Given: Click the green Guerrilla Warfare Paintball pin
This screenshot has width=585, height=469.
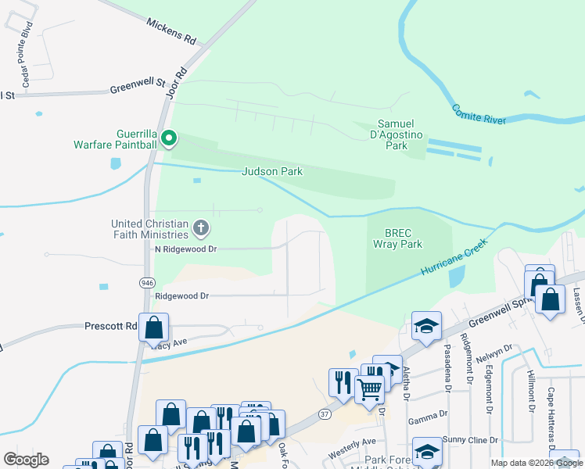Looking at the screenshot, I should click(x=168, y=140).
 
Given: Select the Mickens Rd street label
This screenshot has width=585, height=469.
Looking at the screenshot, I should click(x=170, y=34).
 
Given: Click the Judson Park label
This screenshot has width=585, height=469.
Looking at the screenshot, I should click(x=272, y=171).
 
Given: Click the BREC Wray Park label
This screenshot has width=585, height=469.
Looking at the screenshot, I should click(x=404, y=238).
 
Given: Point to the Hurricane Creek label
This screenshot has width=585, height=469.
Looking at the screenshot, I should click(x=454, y=256).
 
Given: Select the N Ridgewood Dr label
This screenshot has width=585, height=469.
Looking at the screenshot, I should click(x=185, y=249).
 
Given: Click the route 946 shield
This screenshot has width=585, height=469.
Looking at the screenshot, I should click(x=147, y=281).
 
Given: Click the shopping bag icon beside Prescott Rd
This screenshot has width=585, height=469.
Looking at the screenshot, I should click(x=154, y=328).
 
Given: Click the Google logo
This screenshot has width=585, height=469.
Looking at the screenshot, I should click(x=26, y=460).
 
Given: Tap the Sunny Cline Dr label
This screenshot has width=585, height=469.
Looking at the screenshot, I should click(x=470, y=440).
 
